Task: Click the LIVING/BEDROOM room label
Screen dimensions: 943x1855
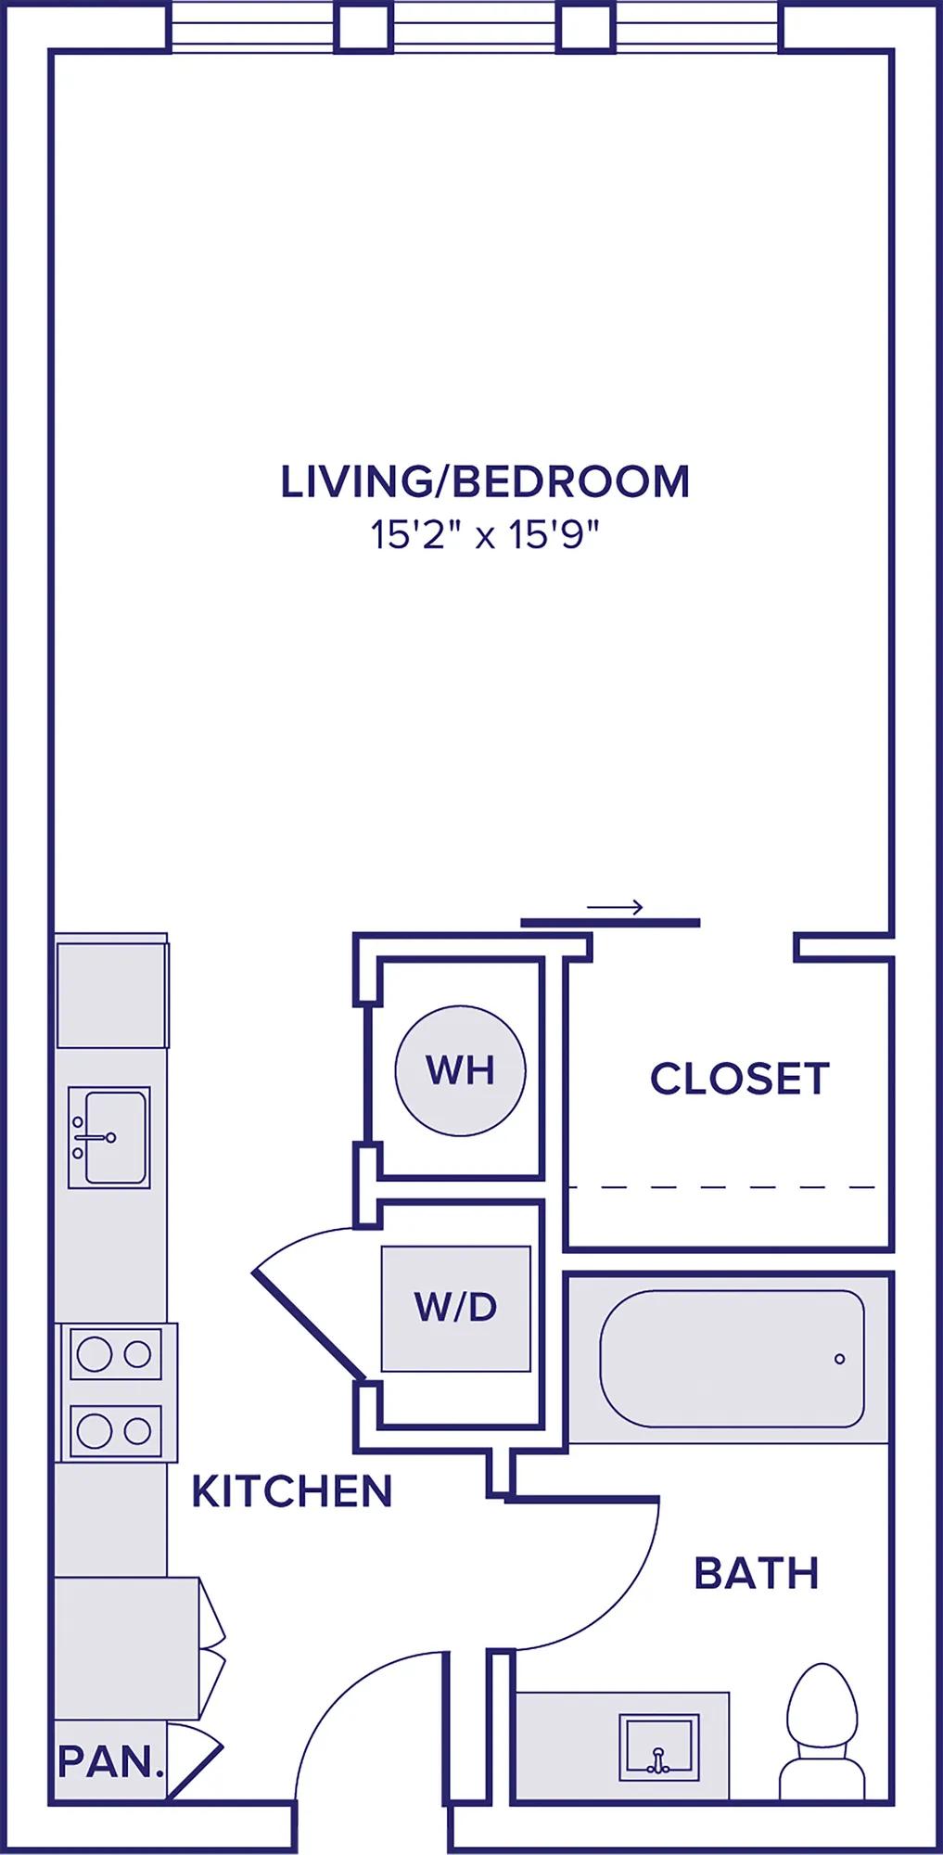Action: (x=485, y=482)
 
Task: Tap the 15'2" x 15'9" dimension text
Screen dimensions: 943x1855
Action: (x=486, y=535)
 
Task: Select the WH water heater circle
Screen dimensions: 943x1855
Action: (x=460, y=1069)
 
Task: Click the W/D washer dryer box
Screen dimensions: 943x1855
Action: (x=456, y=1308)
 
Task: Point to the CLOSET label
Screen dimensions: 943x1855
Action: (x=739, y=1079)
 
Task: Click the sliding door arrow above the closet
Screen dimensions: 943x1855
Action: (x=615, y=907)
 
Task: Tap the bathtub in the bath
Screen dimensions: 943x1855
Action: (x=733, y=1359)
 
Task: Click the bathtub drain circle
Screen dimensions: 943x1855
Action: (x=840, y=1359)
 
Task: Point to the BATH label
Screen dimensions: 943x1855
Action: (x=757, y=1574)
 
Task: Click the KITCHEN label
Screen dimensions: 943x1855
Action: (x=292, y=1491)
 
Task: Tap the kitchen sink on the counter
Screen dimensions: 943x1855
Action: (x=109, y=1137)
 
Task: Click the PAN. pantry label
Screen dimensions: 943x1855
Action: (x=110, y=1760)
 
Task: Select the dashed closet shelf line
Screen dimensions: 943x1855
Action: (x=721, y=1187)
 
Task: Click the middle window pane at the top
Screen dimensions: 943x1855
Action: (x=476, y=26)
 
